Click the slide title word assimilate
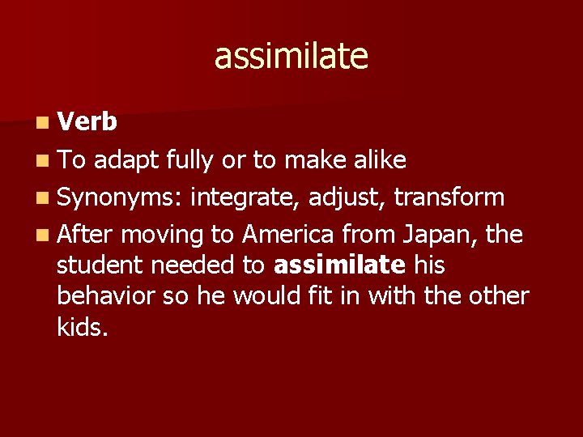coord(291,57)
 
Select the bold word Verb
coord(88,121)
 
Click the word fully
coord(190,161)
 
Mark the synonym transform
coord(449,197)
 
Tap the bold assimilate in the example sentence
coord(340,265)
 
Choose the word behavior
coord(109,295)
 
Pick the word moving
coord(166,235)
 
